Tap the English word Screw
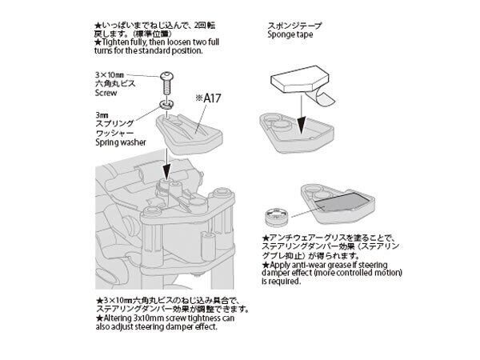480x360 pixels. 105,92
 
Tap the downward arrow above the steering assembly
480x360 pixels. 167,164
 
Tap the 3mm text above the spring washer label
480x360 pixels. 100,114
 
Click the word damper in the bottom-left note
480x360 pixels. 186,325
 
